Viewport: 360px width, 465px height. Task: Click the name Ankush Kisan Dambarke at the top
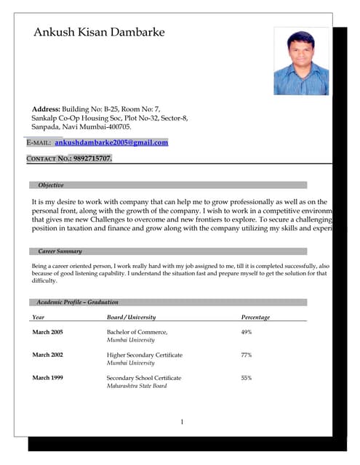99,33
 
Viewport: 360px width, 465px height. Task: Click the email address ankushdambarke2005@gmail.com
111,142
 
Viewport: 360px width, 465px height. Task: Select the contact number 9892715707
92,158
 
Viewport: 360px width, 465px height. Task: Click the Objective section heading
51,185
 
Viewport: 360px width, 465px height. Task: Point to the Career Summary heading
60,251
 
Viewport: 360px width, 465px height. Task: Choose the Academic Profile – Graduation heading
77,302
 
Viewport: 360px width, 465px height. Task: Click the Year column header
39,318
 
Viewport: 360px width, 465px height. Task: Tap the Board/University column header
131,318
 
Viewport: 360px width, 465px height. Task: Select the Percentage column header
255,318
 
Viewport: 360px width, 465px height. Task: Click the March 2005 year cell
47,332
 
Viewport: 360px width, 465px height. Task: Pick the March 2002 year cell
47,355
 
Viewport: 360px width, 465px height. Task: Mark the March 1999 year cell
47,378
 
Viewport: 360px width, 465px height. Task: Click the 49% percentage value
247,332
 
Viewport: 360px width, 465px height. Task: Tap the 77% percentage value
247,355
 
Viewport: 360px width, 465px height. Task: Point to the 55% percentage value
247,378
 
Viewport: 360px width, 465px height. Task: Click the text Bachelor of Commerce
137,332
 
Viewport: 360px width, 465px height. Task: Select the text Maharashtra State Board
137,386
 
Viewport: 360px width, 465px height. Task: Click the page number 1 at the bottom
182,422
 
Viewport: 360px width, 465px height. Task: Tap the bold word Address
46,108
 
